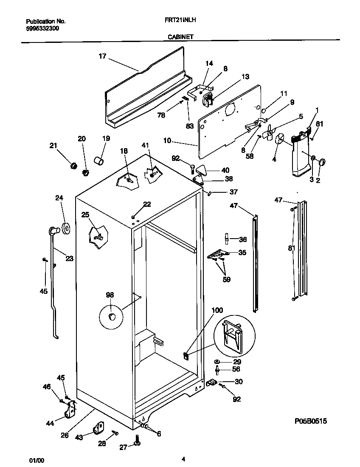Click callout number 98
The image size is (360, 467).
pos(110,295)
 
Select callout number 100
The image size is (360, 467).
pos(217,310)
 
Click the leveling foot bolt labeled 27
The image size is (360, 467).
pos(137,441)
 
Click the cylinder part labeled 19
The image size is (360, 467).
pos(100,161)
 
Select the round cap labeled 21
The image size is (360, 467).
pos(73,165)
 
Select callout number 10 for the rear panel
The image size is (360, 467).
pos(167,140)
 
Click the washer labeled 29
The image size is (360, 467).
pos(217,361)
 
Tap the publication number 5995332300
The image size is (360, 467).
pos(42,28)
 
